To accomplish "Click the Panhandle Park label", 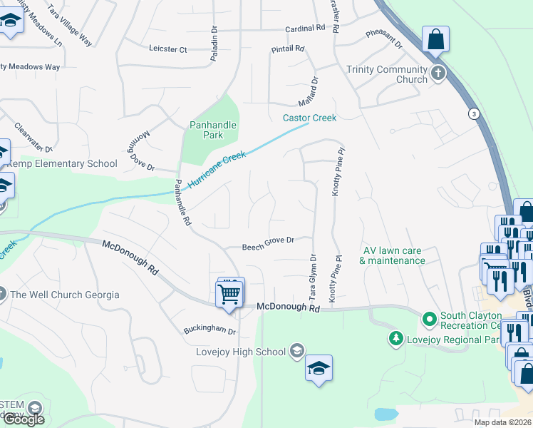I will [x=212, y=130].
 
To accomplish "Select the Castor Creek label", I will [x=309, y=118].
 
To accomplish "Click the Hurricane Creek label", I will [x=217, y=170].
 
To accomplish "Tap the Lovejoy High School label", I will [x=241, y=352].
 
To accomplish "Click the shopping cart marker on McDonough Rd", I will [x=229, y=292].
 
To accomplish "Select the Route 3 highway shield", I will [x=472, y=113].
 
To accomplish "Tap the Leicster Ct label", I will [x=167, y=50].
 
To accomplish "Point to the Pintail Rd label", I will [x=288, y=49].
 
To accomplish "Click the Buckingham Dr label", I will [x=209, y=330].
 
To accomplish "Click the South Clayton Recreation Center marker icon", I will [x=429, y=319].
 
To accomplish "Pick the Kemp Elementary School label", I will [x=62, y=164].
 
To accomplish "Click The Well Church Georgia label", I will [x=58, y=295].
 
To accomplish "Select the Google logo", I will [x=23, y=419].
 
